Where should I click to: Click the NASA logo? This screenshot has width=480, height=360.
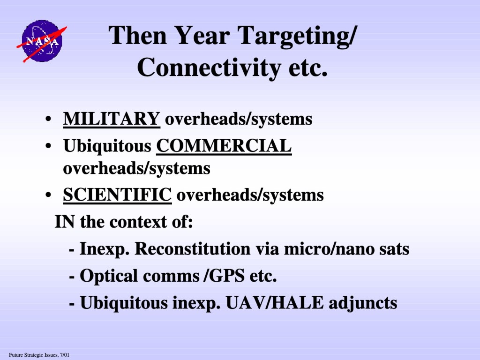(x=42, y=41)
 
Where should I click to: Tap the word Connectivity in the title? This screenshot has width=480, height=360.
(x=209, y=68)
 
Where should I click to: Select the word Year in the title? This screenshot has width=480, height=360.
(x=202, y=36)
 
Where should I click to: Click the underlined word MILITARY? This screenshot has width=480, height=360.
(x=112, y=119)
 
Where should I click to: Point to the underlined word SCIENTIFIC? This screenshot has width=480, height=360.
(x=117, y=195)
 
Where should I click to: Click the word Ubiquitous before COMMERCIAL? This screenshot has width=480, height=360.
(x=107, y=146)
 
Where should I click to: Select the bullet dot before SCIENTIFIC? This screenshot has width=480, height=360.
(x=48, y=195)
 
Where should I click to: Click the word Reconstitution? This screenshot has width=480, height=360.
(x=193, y=248)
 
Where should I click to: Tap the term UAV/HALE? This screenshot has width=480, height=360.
(x=274, y=302)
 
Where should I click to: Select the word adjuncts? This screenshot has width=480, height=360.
(x=363, y=303)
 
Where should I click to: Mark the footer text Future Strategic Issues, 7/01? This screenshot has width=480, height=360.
(x=39, y=355)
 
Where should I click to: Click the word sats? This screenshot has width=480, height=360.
(x=394, y=249)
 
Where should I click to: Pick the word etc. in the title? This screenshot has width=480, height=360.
(x=308, y=68)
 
